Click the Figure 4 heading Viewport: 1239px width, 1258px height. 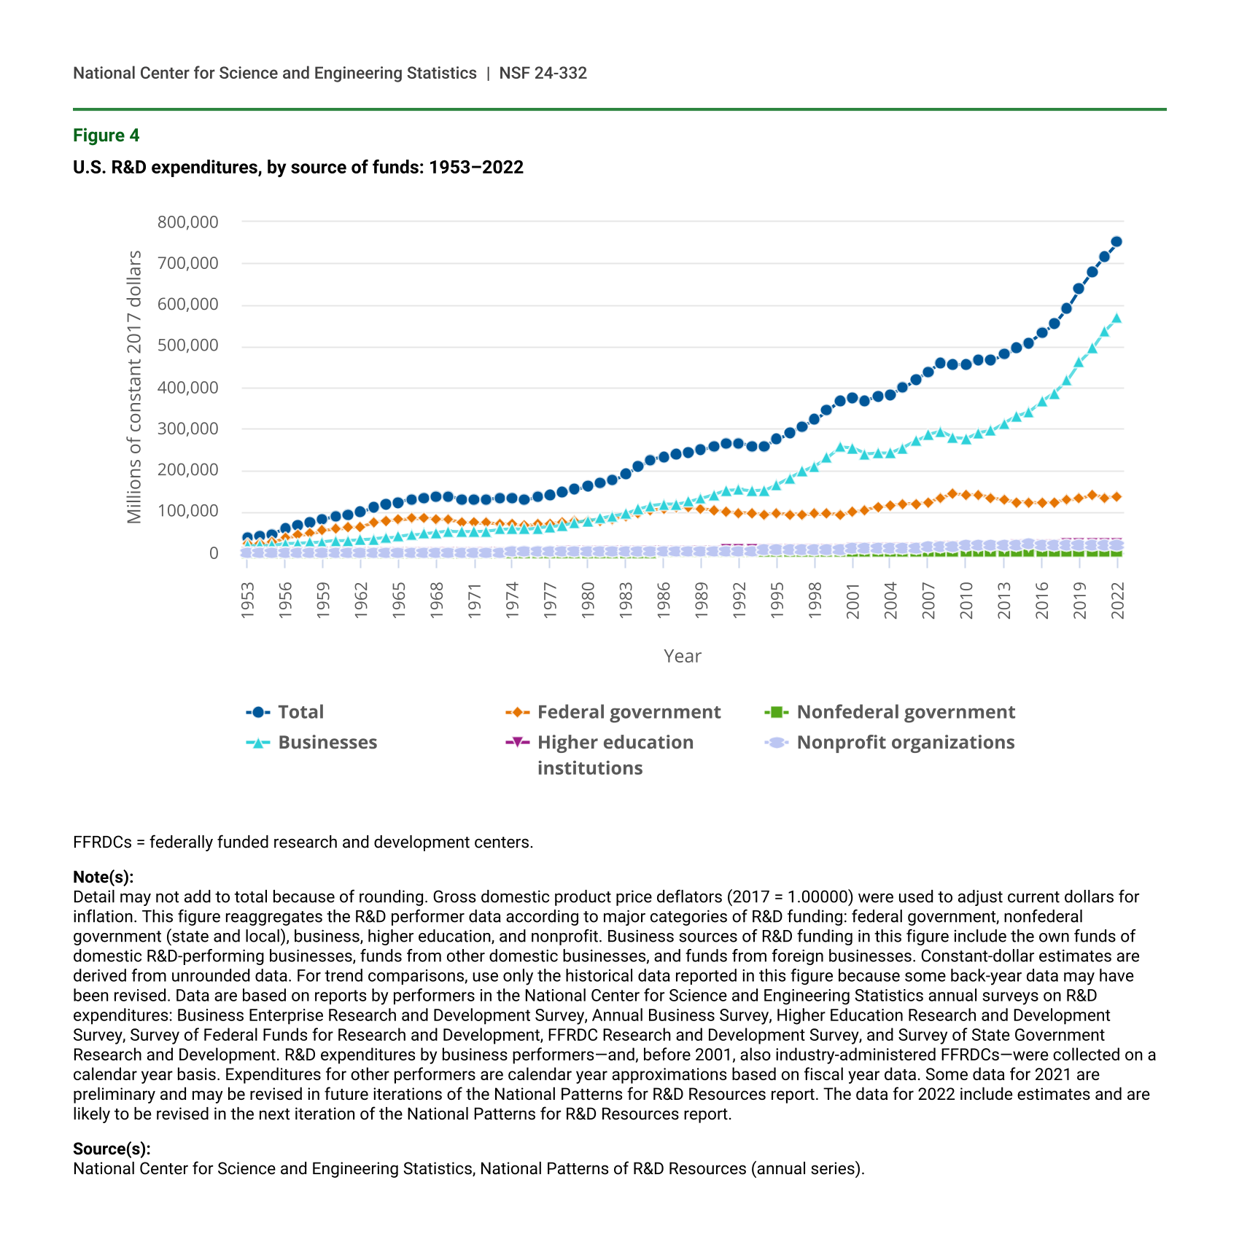click(x=106, y=136)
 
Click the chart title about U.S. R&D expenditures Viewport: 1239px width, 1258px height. click(x=298, y=168)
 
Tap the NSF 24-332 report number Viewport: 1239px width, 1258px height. click(x=543, y=73)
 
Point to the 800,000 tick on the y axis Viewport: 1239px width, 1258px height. click(x=187, y=222)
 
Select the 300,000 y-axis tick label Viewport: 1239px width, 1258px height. click(x=187, y=429)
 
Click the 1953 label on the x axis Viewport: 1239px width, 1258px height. click(x=248, y=600)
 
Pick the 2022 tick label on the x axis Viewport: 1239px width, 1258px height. click(x=1117, y=600)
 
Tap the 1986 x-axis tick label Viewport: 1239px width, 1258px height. click(x=664, y=600)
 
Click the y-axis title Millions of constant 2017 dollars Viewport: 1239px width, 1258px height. click(x=134, y=387)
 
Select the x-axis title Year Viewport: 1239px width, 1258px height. click(x=682, y=656)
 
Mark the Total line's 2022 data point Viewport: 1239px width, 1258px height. click(x=1116, y=242)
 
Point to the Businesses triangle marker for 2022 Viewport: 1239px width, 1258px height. click(x=1116, y=319)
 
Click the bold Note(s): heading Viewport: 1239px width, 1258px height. click(x=103, y=877)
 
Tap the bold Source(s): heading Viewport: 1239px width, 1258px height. click(x=112, y=1149)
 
